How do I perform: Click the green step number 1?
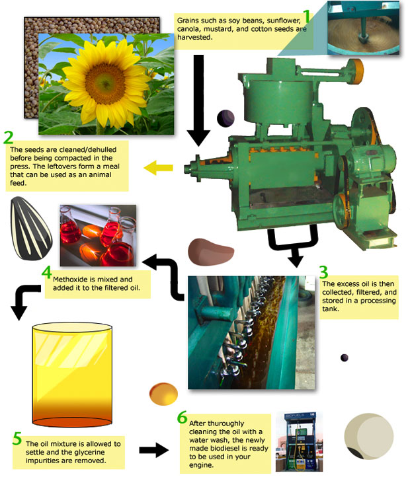click(306, 16)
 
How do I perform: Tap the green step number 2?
click(9, 137)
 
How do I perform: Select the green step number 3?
click(323, 272)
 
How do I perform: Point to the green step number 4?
click(47, 272)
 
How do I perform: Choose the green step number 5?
click(17, 438)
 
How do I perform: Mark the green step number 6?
click(182, 417)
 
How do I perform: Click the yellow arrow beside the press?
click(158, 168)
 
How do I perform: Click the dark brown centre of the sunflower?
click(105, 84)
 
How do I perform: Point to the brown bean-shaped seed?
click(210, 252)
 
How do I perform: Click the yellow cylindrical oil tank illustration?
click(72, 375)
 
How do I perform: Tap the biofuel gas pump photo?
click(299, 442)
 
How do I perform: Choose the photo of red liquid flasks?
click(98, 235)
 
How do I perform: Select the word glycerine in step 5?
click(89, 452)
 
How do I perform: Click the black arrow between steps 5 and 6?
click(154, 450)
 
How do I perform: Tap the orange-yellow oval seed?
click(163, 394)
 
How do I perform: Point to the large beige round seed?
click(368, 435)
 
